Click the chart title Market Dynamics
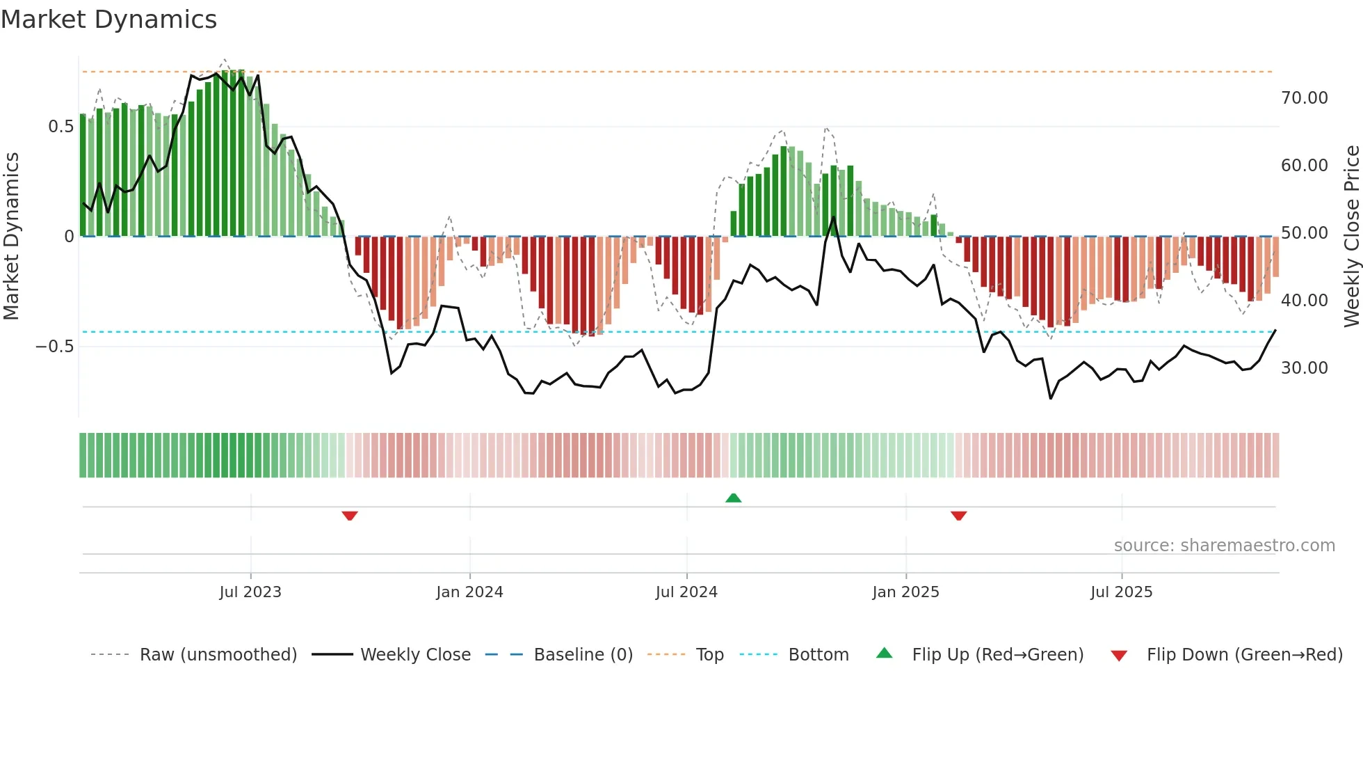coord(108,19)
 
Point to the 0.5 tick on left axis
coord(61,127)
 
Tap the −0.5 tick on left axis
coord(55,347)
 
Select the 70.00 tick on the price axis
coord(1304,98)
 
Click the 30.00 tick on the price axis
coord(1304,368)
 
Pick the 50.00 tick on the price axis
coord(1304,233)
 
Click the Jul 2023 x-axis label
coord(250,592)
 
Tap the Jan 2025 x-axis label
coord(905,592)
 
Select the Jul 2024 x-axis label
coord(686,592)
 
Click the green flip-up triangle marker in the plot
coord(733,498)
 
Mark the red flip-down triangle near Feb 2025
coord(958,516)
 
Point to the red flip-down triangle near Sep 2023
coord(350,516)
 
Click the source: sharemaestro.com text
coord(1224,546)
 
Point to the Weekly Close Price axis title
coord(1351,237)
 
